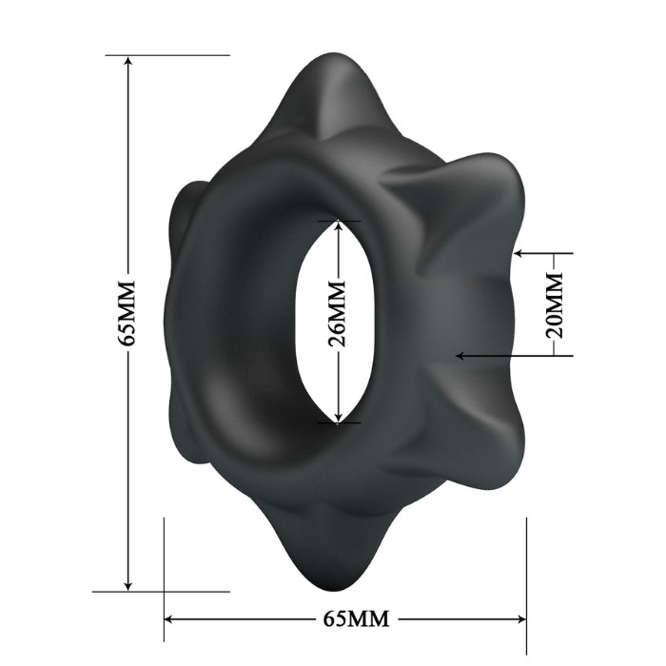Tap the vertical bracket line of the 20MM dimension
[x=573, y=304]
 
